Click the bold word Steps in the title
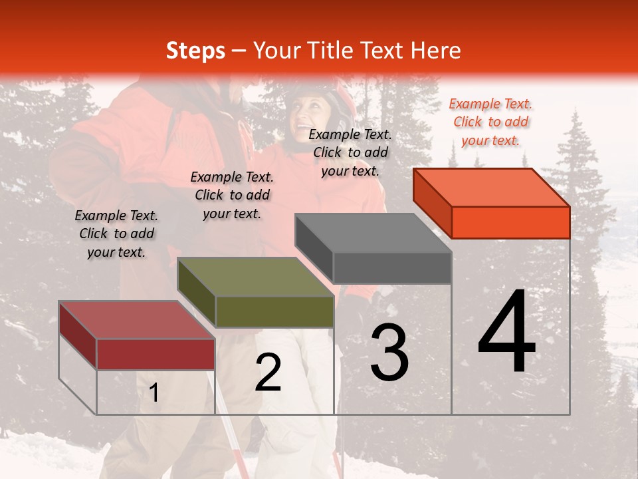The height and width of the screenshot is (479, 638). click(195, 51)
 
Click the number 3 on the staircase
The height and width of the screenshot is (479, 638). click(389, 353)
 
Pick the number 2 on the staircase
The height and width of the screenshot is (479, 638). click(268, 373)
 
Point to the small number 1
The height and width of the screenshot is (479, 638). click(154, 393)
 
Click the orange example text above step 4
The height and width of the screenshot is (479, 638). click(490, 122)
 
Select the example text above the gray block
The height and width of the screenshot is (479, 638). click(350, 152)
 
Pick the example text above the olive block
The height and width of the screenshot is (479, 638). click(232, 195)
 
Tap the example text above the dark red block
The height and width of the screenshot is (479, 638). click(116, 234)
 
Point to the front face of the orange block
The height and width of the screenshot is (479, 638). click(510, 222)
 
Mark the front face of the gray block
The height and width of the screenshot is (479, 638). click(392, 268)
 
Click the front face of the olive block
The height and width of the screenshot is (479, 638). click(274, 311)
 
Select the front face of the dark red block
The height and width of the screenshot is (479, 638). click(156, 354)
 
